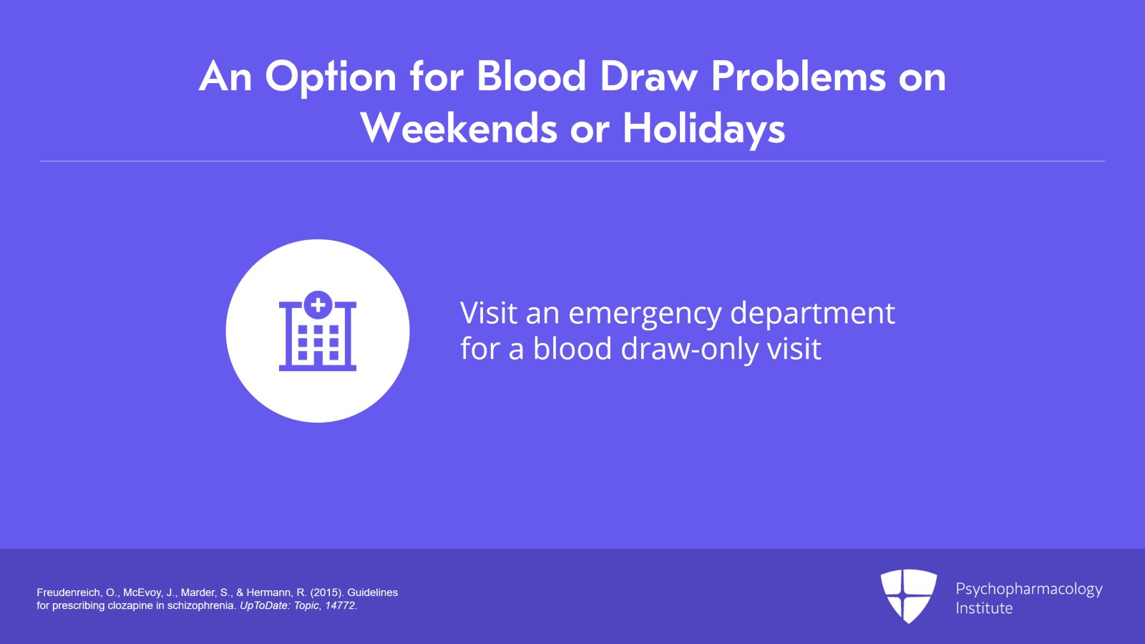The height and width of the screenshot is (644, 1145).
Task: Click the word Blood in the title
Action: click(x=531, y=77)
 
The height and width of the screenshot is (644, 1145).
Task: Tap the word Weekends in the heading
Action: click(x=459, y=128)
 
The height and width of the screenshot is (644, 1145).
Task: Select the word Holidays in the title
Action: click(x=704, y=129)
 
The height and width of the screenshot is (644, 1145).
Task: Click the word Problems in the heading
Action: click(x=798, y=77)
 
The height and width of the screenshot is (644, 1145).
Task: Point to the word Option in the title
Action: click(x=331, y=78)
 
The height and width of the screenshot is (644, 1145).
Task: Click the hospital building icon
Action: click(x=318, y=331)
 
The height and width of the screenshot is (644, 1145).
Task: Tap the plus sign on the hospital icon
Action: click(x=318, y=305)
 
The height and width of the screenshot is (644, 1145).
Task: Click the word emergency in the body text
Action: click(x=645, y=314)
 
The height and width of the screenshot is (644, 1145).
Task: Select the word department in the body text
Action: click(x=813, y=314)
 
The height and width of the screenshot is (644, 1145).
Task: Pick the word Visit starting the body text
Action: click(x=489, y=312)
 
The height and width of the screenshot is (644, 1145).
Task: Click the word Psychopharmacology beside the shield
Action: click(x=1029, y=590)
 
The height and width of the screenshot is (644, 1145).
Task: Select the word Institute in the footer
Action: click(x=984, y=607)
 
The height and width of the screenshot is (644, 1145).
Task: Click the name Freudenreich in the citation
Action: click(x=69, y=592)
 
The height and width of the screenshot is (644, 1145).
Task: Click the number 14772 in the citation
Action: click(x=340, y=605)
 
